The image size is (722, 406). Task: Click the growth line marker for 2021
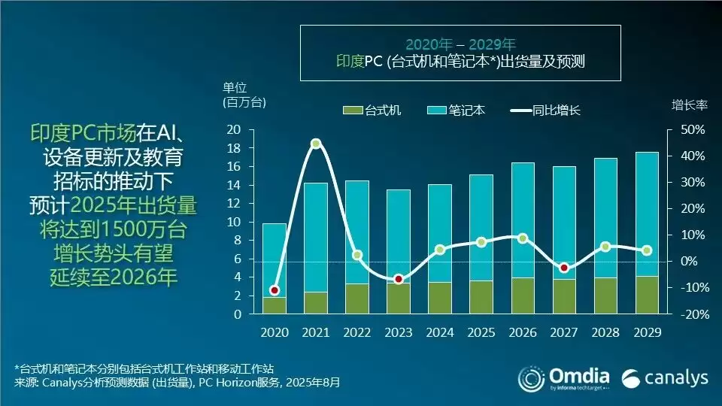(x=316, y=144)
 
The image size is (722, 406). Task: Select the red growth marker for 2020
(x=275, y=290)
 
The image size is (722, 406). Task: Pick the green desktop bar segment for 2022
(x=357, y=298)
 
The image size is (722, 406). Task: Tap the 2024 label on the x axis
(x=439, y=332)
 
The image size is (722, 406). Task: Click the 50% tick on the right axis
(x=692, y=130)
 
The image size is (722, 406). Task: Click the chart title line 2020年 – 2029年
(x=460, y=44)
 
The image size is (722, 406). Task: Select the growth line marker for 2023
(x=399, y=279)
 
